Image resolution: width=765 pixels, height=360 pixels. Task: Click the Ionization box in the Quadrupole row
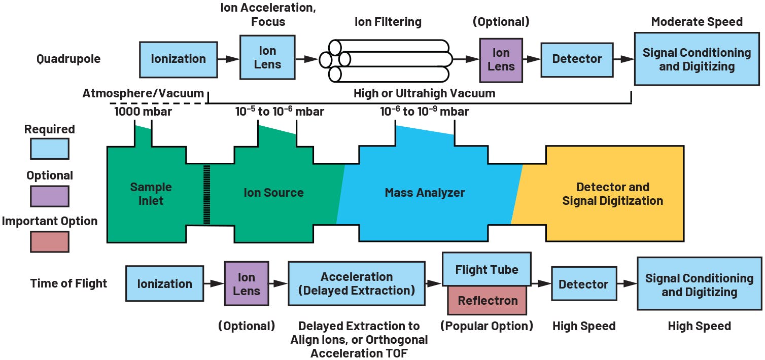pos(178,59)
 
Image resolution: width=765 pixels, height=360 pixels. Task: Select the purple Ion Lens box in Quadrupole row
pos(501,59)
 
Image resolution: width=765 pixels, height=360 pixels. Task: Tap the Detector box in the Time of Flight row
pos(583,284)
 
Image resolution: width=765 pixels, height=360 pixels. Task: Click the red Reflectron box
pos(487,300)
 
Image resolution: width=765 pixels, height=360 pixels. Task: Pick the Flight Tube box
pos(487,269)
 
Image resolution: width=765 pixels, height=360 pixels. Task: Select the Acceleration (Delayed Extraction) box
pos(357,283)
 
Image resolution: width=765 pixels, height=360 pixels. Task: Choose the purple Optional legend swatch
pos(49,196)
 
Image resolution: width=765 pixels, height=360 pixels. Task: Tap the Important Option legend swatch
pos(49,241)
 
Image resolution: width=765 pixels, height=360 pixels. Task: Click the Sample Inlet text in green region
pos(151,194)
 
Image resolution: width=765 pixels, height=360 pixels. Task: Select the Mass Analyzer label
pos(425,193)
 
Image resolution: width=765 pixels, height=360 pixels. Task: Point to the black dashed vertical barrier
pos(206,194)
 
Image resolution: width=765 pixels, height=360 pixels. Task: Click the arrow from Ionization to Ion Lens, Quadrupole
pos(228,59)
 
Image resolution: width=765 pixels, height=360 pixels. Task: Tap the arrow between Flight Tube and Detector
pos(541,284)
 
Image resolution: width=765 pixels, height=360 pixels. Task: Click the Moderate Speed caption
pos(697,22)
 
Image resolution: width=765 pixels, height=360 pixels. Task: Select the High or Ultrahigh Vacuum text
pos(424,93)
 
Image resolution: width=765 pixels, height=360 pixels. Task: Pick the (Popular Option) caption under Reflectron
pos(487,326)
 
